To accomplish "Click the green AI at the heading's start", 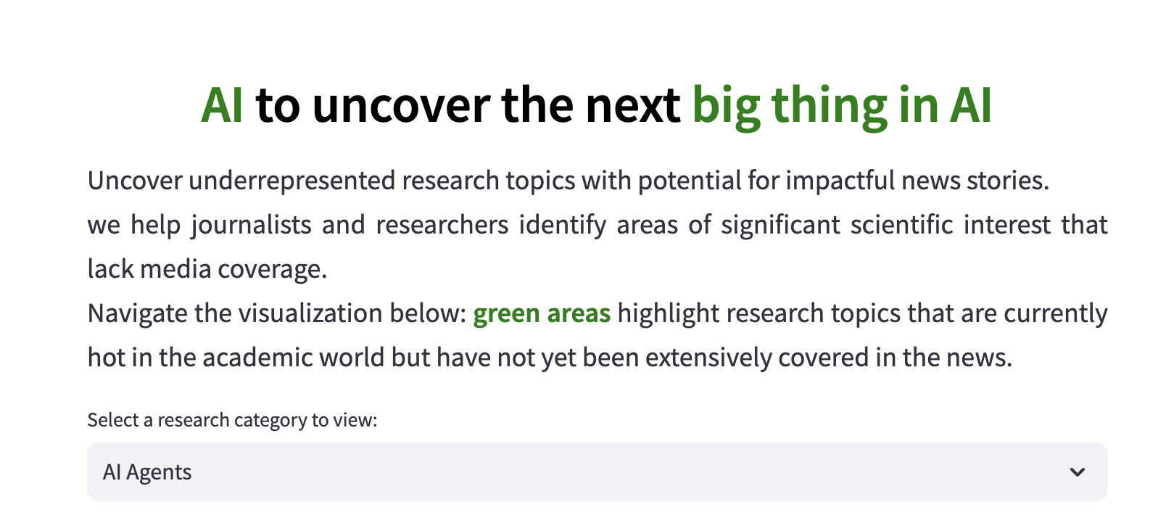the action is [222, 106].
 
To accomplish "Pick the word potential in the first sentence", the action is [689, 181].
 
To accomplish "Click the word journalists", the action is [251, 226].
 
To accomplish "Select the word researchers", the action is [442, 226].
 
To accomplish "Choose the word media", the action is [175, 270].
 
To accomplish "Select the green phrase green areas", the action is [542, 314].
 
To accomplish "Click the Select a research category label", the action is [232, 420].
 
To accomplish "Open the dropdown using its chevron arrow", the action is [1077, 472].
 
